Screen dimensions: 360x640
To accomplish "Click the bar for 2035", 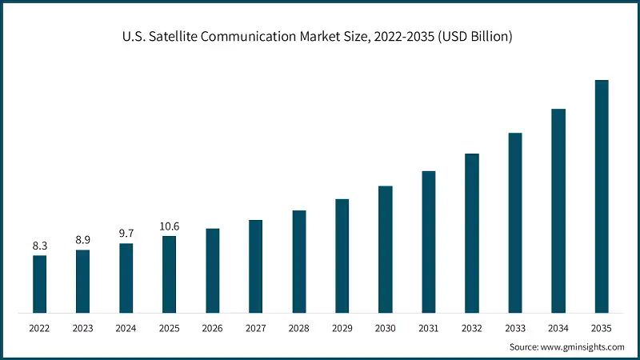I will pyautogui.click(x=602, y=196).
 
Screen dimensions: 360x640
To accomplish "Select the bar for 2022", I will pyautogui.click(x=39, y=284).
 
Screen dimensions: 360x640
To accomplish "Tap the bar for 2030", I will pyautogui.click(x=386, y=249).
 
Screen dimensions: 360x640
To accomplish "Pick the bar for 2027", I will pyautogui.click(x=255, y=266).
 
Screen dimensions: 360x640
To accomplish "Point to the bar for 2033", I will pyautogui.click(x=515, y=222).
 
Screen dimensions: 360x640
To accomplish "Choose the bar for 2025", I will pyautogui.click(x=169, y=274).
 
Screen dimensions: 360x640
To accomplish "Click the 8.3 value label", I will pyautogui.click(x=39, y=246).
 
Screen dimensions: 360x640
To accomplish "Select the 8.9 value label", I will pyautogui.click(x=82, y=240).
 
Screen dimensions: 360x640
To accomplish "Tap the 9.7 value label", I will pyautogui.click(x=126, y=234).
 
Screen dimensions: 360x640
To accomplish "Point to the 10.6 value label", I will pyautogui.click(x=169, y=226).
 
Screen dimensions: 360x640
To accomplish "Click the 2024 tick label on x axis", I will pyautogui.click(x=126, y=328).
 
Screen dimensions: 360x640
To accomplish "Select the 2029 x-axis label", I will pyautogui.click(x=342, y=328).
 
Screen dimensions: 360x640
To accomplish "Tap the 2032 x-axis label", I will pyautogui.click(x=472, y=328).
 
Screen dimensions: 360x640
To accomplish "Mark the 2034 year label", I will pyautogui.click(x=558, y=328).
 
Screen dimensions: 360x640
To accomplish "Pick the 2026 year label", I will pyautogui.click(x=212, y=328).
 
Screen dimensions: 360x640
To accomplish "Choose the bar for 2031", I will pyautogui.click(x=429, y=242).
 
